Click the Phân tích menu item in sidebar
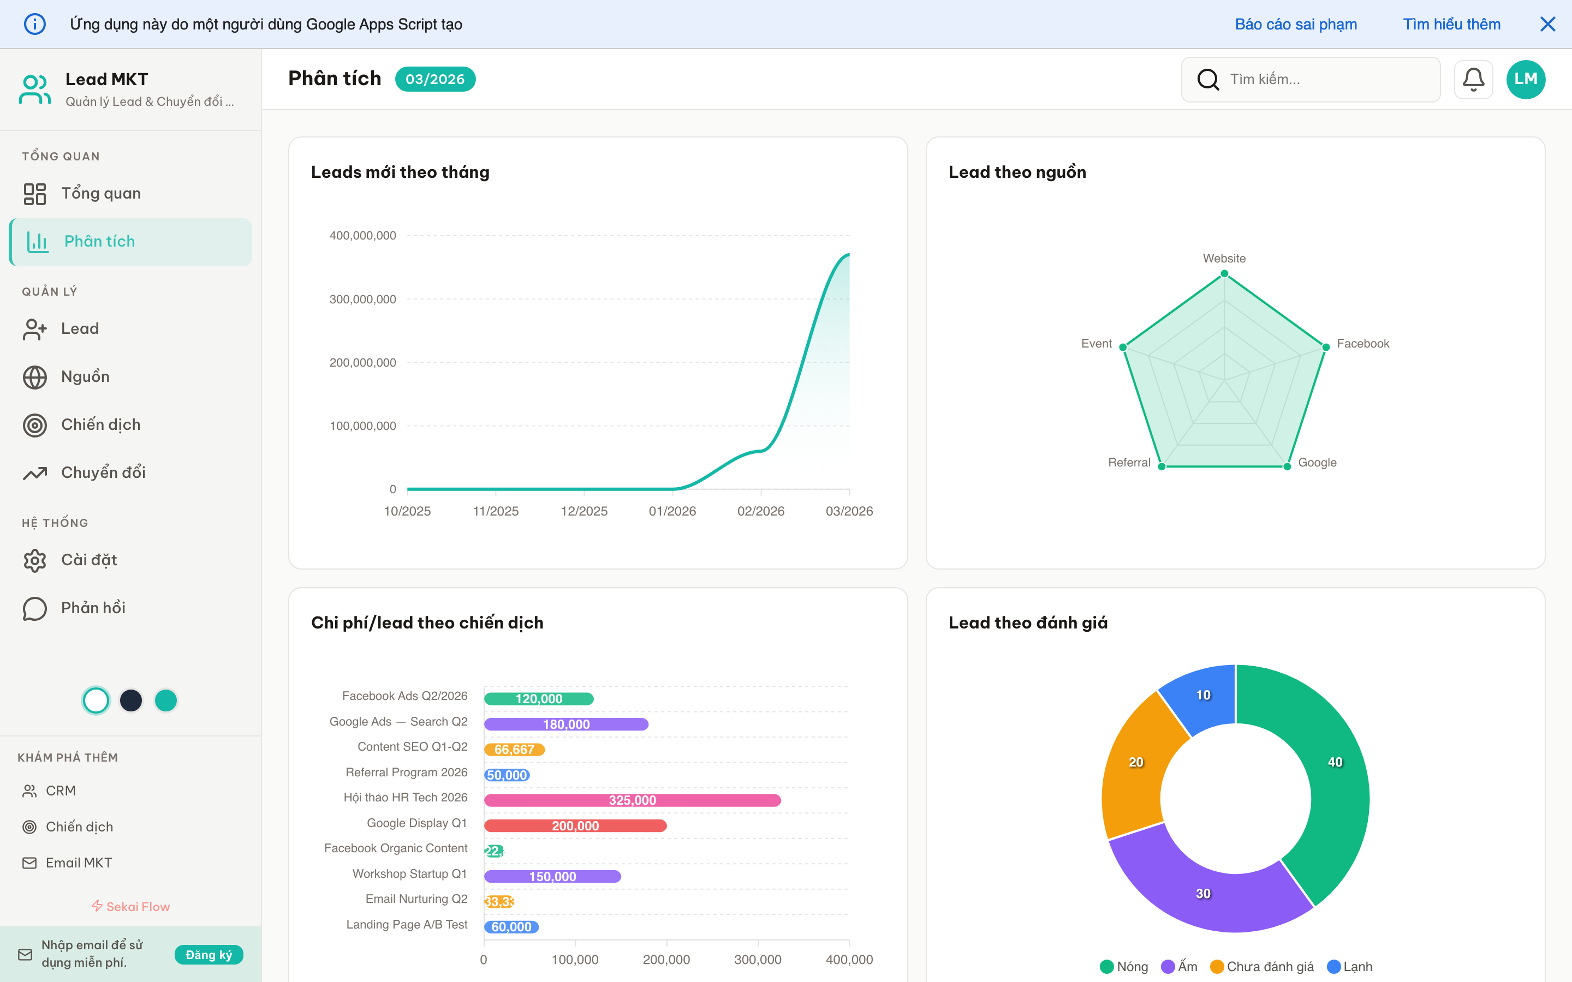pos(99,242)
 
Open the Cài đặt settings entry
pos(88,560)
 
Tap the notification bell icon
pos(1473,79)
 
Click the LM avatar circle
pos(1525,79)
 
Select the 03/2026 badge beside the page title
pos(434,79)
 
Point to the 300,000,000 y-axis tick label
pos(362,300)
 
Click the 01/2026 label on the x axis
pos(672,511)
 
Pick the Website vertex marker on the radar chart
pos(1224,273)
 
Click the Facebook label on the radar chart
pos(1362,344)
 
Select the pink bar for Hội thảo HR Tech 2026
pos(632,800)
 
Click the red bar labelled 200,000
pos(575,825)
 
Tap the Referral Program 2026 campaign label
pos(406,772)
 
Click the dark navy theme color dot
pos(131,700)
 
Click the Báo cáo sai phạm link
pos(1295,24)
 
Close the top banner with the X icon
pos(1547,24)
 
